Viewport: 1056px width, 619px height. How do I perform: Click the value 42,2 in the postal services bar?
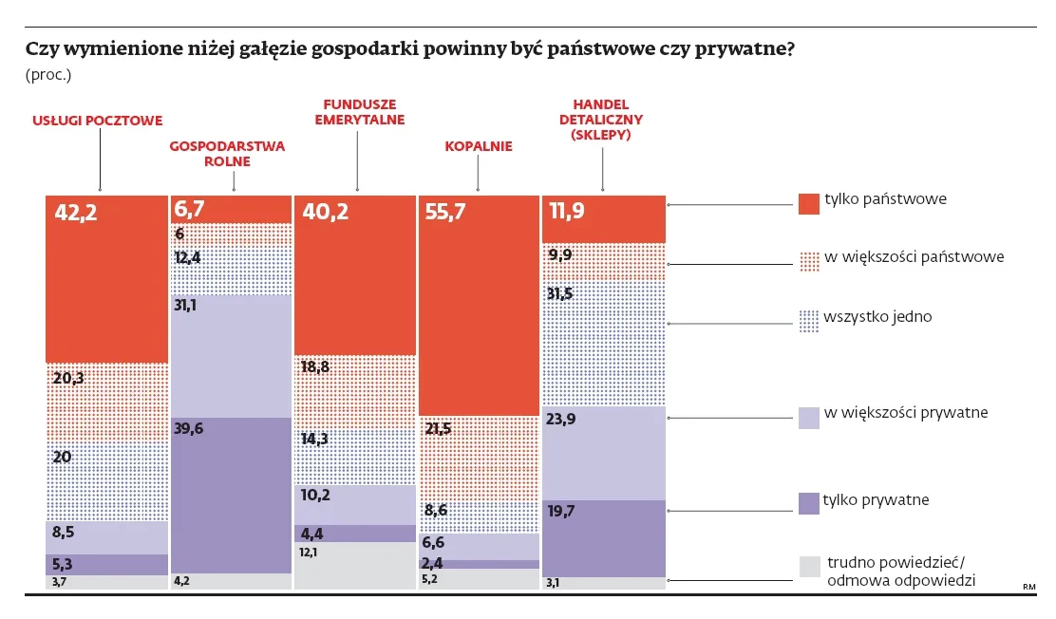(x=76, y=213)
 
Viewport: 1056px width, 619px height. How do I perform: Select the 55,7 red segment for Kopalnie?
(x=479, y=304)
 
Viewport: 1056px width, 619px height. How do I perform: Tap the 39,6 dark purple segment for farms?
(x=231, y=494)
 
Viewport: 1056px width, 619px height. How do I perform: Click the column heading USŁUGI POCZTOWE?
(x=98, y=121)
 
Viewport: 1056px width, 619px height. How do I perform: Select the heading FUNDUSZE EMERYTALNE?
(x=359, y=112)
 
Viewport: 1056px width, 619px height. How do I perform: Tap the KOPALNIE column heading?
(x=478, y=146)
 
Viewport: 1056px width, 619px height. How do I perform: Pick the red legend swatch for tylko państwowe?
(x=808, y=202)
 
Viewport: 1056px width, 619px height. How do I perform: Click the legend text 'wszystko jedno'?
(x=877, y=316)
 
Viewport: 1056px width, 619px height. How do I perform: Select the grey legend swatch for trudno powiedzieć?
(x=808, y=567)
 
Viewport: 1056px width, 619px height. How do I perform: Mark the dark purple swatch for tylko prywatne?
(x=808, y=502)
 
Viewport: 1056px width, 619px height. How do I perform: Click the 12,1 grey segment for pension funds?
(x=355, y=566)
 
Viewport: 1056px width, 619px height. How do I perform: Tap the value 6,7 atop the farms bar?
(x=189, y=208)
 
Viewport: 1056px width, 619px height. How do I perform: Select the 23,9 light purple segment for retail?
(x=603, y=452)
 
